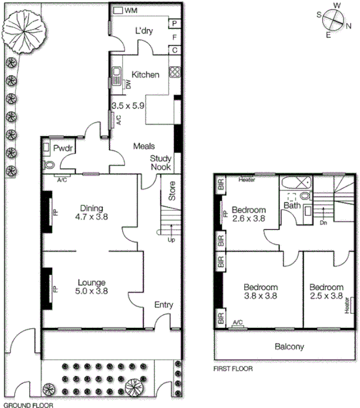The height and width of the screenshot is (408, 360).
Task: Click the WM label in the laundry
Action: [x=131, y=11]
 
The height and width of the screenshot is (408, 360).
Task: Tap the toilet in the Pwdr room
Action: [x=50, y=165]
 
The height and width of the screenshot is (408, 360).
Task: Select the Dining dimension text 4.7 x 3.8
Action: [x=91, y=218]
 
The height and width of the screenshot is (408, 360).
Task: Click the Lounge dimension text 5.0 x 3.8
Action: [x=91, y=291]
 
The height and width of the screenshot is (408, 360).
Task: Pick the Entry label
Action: [x=164, y=305]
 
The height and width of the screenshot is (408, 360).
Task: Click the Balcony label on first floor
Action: [x=289, y=347]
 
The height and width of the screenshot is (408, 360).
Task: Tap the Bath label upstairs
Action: [x=292, y=205]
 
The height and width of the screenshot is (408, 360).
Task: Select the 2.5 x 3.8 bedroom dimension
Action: [x=327, y=296]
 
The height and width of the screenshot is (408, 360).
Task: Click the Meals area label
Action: [x=143, y=146]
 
